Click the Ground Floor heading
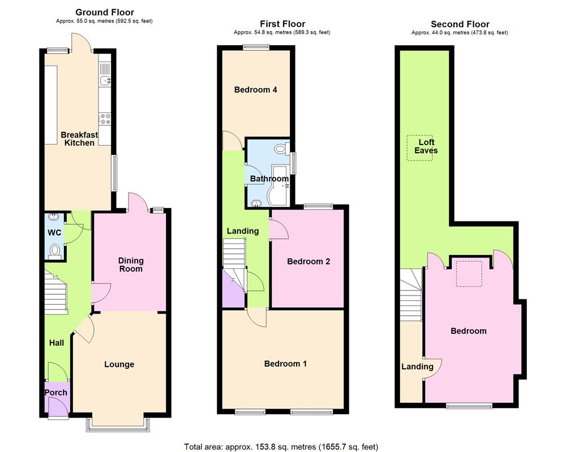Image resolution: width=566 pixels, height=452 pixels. tap(105, 12)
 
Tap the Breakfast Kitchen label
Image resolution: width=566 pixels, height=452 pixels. tap(79, 139)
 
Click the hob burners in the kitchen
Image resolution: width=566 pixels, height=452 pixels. tap(105, 119)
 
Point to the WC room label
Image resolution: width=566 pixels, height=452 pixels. tap(54, 233)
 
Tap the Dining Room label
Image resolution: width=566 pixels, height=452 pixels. tap(131, 264)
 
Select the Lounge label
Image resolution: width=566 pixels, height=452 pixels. tap(119, 364)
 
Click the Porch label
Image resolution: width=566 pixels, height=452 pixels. tap(55, 393)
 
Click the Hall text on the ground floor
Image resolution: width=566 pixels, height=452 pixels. tap(56, 343)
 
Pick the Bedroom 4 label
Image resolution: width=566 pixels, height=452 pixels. tap(255, 90)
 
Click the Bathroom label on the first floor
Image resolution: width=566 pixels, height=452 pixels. tap(269, 179)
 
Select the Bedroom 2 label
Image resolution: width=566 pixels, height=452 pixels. tap(308, 262)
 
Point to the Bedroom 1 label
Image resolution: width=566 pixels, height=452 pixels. tap(285, 364)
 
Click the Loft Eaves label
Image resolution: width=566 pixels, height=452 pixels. tap(426, 146)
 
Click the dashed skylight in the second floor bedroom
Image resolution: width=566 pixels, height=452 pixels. tap(469, 273)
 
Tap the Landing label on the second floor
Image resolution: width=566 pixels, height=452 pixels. tap(417, 367)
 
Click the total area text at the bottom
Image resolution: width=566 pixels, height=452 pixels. tap(281, 446)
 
